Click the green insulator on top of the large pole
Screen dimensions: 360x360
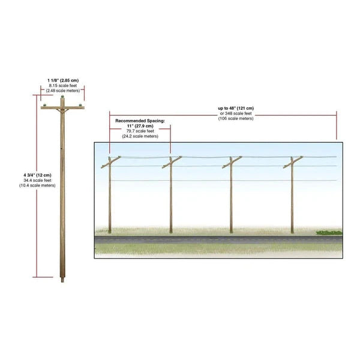pyautogui.click(x=62, y=97)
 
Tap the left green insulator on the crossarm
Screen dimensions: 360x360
pyautogui.click(x=45, y=105)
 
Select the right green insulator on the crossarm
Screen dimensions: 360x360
pyautogui.click(x=80, y=105)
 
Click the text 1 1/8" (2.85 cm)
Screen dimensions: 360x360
pyautogui.click(x=63, y=80)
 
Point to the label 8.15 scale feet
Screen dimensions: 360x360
pyautogui.click(x=63, y=86)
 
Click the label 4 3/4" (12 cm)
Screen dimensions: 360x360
pyautogui.click(x=37, y=175)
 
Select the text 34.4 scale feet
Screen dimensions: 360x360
pyautogui.click(x=37, y=181)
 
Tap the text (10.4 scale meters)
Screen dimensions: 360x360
pyautogui.click(x=37, y=185)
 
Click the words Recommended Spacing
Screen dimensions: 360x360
pyautogui.click(x=140, y=121)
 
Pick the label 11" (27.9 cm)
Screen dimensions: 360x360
pyautogui.click(x=140, y=126)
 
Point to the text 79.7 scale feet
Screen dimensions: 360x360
pyautogui.click(x=140, y=131)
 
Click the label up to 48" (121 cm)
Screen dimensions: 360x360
pyautogui.click(x=236, y=108)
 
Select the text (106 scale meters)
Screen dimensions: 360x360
pyautogui.click(x=236, y=118)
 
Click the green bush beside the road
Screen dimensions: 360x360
pyautogui.click(x=329, y=233)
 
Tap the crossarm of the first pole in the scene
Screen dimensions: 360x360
pyautogui.click(x=111, y=162)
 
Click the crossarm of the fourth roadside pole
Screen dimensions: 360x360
pyautogui.click(x=293, y=162)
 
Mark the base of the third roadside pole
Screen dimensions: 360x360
pyautogui.click(x=231, y=232)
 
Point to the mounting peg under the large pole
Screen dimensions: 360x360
pyautogui.click(x=62, y=280)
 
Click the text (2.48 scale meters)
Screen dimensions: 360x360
pyautogui.click(x=63, y=91)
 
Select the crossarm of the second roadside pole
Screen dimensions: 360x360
pyautogui.click(x=172, y=162)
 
